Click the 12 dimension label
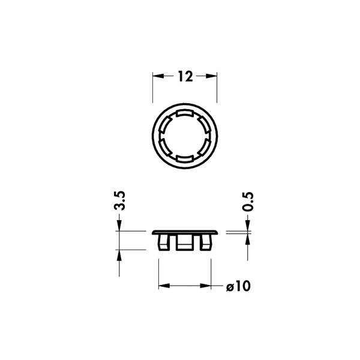[185, 76]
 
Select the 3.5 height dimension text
[119, 200]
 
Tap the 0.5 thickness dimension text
[248, 202]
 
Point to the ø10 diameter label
[238, 286]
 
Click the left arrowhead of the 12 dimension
[158, 76]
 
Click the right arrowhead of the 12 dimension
[211, 76]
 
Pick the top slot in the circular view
[185, 113]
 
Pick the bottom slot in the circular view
[185, 158]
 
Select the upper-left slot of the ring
[165, 125]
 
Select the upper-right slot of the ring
[204, 125]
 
